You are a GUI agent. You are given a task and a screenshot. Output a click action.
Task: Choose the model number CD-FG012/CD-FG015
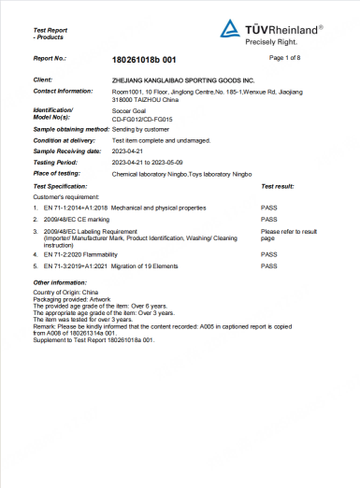click(140, 119)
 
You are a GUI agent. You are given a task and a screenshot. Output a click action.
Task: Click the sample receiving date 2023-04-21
click(129, 150)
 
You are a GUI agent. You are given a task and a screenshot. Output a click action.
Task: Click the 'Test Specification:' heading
click(60, 187)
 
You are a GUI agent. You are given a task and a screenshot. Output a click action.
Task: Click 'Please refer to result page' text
click(289, 233)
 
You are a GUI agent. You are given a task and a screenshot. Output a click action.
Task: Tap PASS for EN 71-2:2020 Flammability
click(269, 253)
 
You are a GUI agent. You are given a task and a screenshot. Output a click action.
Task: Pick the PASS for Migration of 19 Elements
click(269, 266)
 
